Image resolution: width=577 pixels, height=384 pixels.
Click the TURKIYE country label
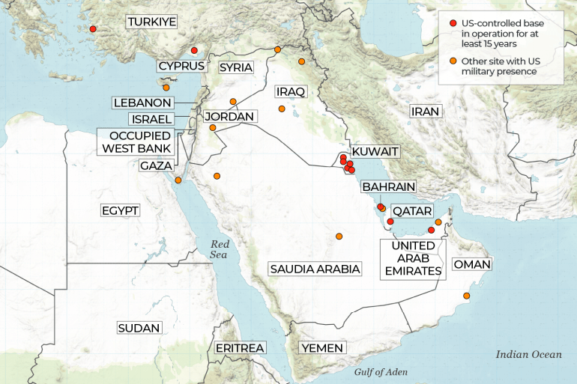click(151, 22)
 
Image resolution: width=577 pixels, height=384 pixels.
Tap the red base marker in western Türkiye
click(93, 29)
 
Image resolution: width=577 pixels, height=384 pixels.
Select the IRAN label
click(424, 112)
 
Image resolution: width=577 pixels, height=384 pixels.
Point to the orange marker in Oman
click(467, 296)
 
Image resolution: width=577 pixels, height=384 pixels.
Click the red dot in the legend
click(453, 24)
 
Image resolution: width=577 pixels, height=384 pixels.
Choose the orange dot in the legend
click(453, 61)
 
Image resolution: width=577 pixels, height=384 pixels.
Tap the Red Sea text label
click(220, 250)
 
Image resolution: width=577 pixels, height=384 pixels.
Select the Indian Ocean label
click(528, 355)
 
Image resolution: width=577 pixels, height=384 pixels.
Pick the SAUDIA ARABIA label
click(315, 269)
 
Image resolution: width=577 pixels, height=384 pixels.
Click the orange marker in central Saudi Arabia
click(339, 237)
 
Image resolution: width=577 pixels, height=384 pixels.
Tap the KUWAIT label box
click(375, 152)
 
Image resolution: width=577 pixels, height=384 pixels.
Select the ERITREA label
click(240, 348)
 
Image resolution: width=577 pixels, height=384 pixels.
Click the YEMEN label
click(322, 348)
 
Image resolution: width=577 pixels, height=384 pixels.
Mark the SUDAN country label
click(139, 328)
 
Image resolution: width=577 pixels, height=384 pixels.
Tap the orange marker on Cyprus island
click(166, 88)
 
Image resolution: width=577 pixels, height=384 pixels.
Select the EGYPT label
click(120, 211)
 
